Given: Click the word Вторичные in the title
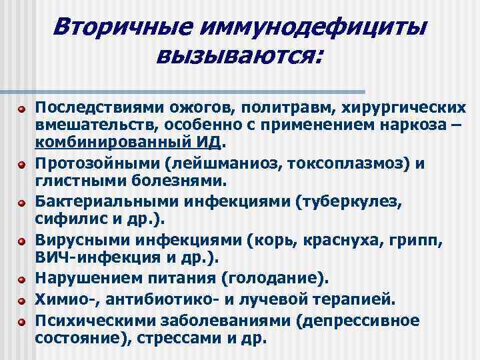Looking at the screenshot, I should [x=117, y=27].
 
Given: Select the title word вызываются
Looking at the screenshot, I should [x=237, y=58].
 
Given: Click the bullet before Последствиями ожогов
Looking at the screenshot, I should [x=21, y=107].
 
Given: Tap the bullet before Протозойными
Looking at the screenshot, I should [x=21, y=162].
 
